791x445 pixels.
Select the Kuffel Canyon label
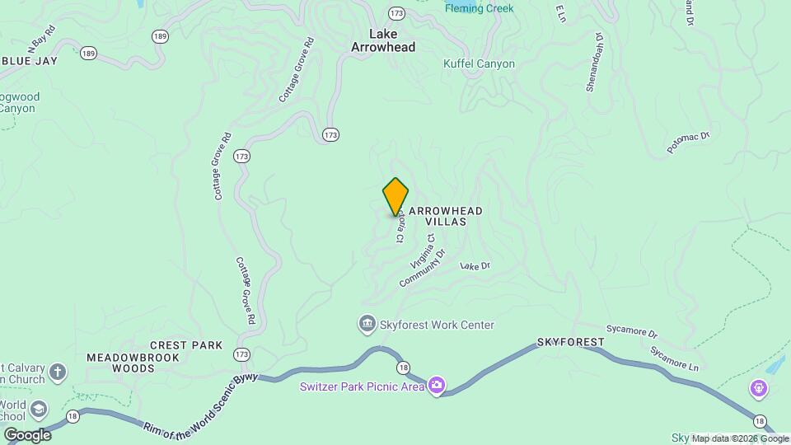coord(479,64)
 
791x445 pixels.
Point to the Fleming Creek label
coord(479,8)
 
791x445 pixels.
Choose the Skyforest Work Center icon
coord(367,325)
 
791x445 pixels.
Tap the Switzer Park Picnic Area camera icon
coord(437,385)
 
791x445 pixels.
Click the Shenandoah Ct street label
coord(595,63)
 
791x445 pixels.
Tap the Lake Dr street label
coord(475,265)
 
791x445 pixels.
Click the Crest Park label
coord(186,345)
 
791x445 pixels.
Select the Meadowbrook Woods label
coord(121,363)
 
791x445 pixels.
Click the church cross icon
coord(58,372)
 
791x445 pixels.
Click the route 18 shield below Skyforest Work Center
coord(402,368)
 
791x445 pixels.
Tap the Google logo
coord(26,435)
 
